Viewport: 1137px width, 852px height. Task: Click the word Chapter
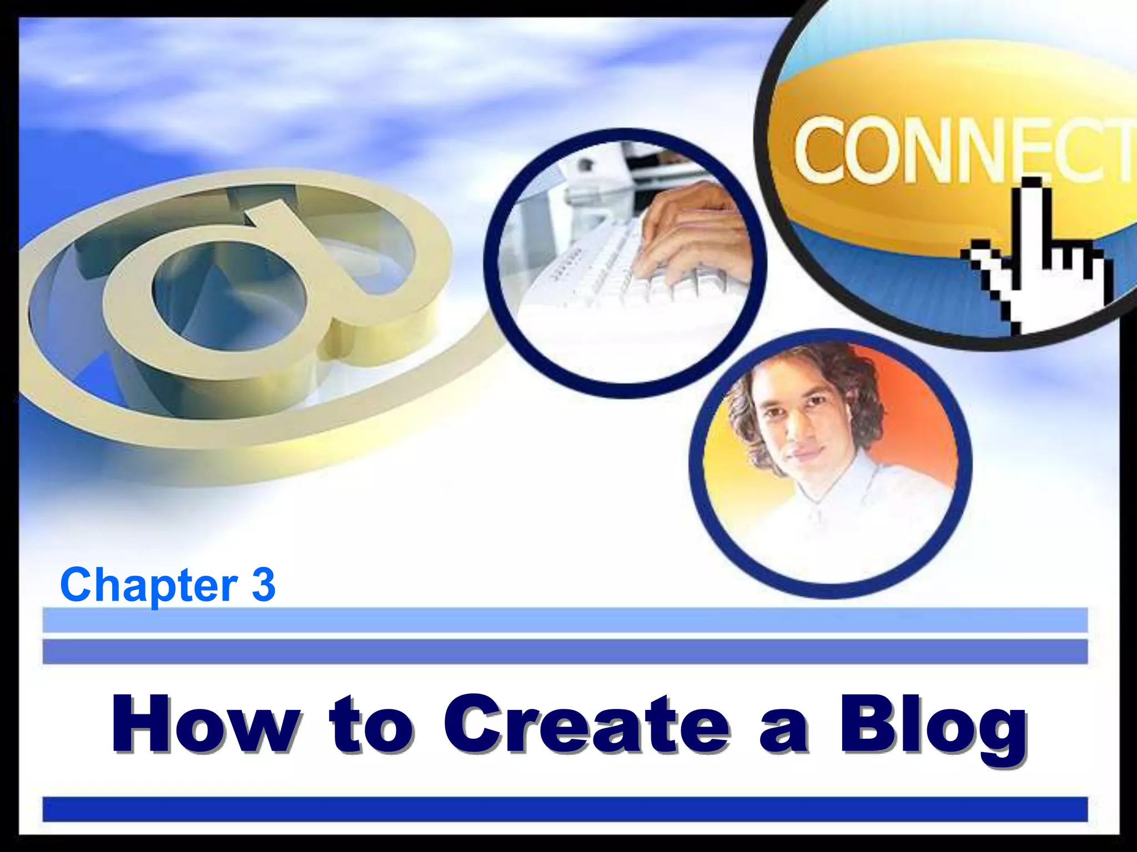pos(149,585)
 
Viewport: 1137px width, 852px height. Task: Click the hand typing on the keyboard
pos(694,233)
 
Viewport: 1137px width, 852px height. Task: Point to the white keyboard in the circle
pos(600,272)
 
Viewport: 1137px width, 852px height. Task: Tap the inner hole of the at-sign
pos(228,294)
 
